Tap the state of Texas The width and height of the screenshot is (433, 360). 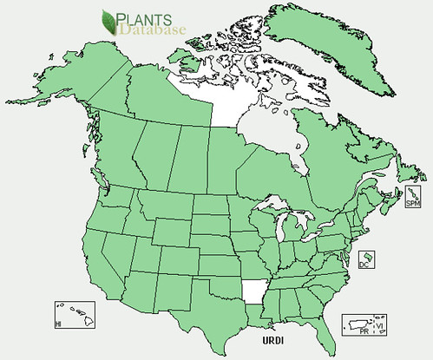tap(199, 312)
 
